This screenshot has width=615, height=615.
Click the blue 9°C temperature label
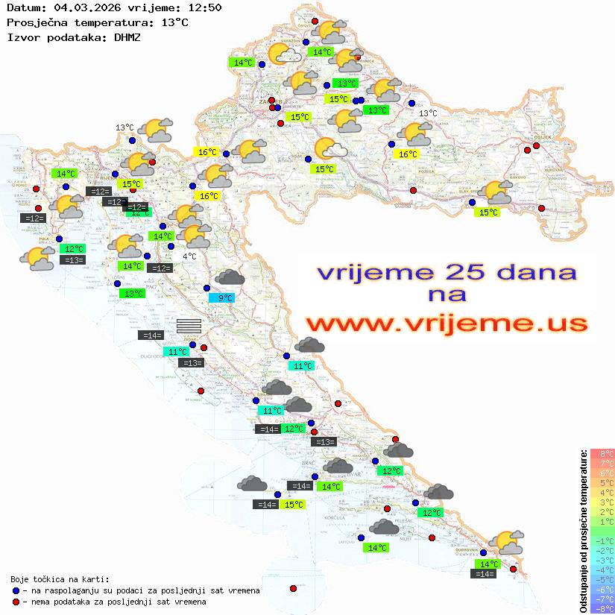click(221, 298)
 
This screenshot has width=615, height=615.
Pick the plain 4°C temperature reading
click(189, 256)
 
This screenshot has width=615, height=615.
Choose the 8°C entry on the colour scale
click(603, 453)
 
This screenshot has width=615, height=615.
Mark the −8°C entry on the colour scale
click(603, 608)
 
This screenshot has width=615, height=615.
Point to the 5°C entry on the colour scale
click(603, 482)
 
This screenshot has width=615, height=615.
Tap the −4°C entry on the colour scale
click(603, 570)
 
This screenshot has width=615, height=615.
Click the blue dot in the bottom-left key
click(16, 590)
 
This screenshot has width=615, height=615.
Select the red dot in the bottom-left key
click(16, 602)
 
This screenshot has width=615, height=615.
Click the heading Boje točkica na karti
click(60, 579)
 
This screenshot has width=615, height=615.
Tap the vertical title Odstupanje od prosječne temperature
click(584, 531)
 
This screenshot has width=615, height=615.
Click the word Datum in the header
click(21, 8)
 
